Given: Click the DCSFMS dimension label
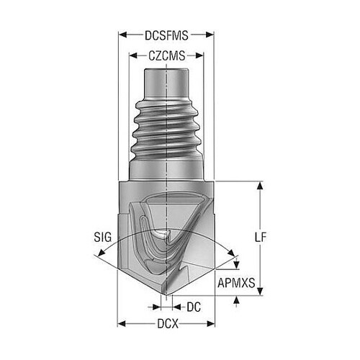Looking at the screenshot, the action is click(x=166, y=35).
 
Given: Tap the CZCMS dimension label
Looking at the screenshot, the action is click(x=167, y=56).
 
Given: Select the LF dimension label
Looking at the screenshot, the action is click(x=261, y=238).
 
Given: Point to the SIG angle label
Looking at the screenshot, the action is click(x=103, y=237).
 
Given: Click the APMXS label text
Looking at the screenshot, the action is click(x=236, y=283).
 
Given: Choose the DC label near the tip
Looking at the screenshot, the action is click(x=194, y=307).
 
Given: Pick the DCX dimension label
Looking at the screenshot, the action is click(x=168, y=324).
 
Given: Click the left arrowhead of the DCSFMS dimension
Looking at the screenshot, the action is click(x=122, y=35).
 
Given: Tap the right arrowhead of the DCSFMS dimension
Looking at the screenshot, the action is click(x=210, y=35).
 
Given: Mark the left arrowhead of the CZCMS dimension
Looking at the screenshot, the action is click(x=133, y=56).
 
